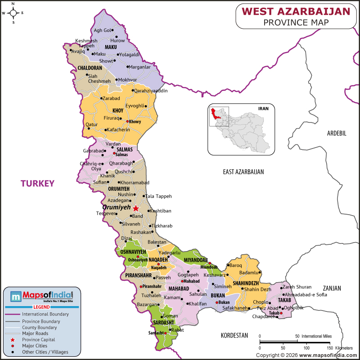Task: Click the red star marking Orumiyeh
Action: (x=136, y=208)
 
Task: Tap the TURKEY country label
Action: (x=37, y=183)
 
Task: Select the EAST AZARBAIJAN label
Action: (x=243, y=172)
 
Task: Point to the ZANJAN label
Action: (x=332, y=288)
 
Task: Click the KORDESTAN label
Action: (x=234, y=336)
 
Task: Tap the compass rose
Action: (x=13, y=13)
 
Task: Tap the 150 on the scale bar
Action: (x=330, y=348)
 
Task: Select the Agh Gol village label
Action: (x=102, y=30)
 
